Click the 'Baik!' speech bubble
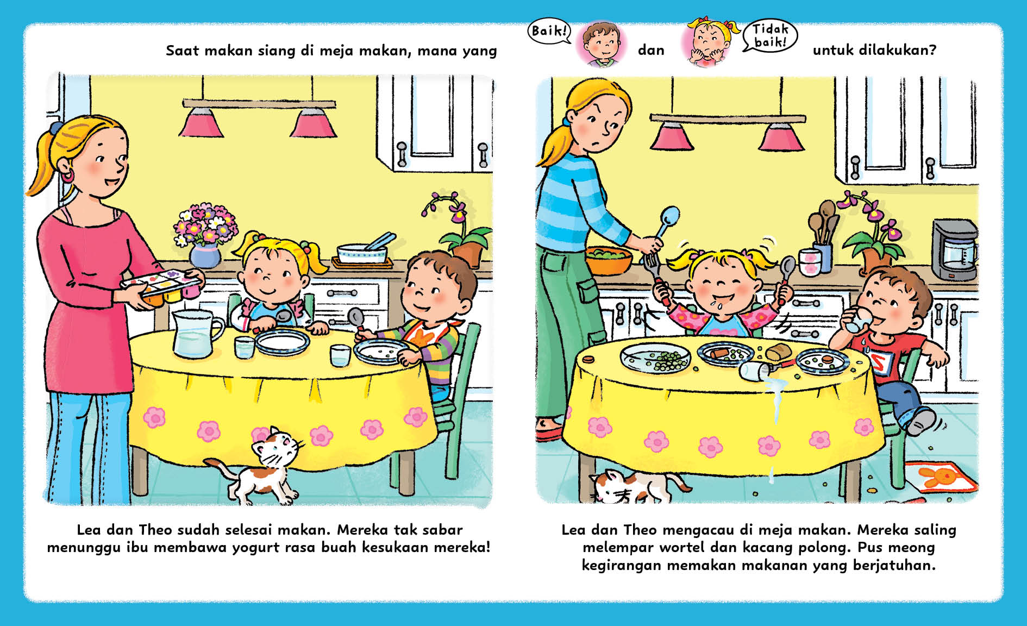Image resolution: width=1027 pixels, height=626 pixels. point(549,31)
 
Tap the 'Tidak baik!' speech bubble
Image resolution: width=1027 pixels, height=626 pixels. point(770,35)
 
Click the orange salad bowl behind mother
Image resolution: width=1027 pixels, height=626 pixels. point(609,260)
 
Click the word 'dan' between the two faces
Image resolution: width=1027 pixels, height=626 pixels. point(651,50)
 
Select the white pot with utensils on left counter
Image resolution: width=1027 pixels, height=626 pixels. point(363,251)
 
